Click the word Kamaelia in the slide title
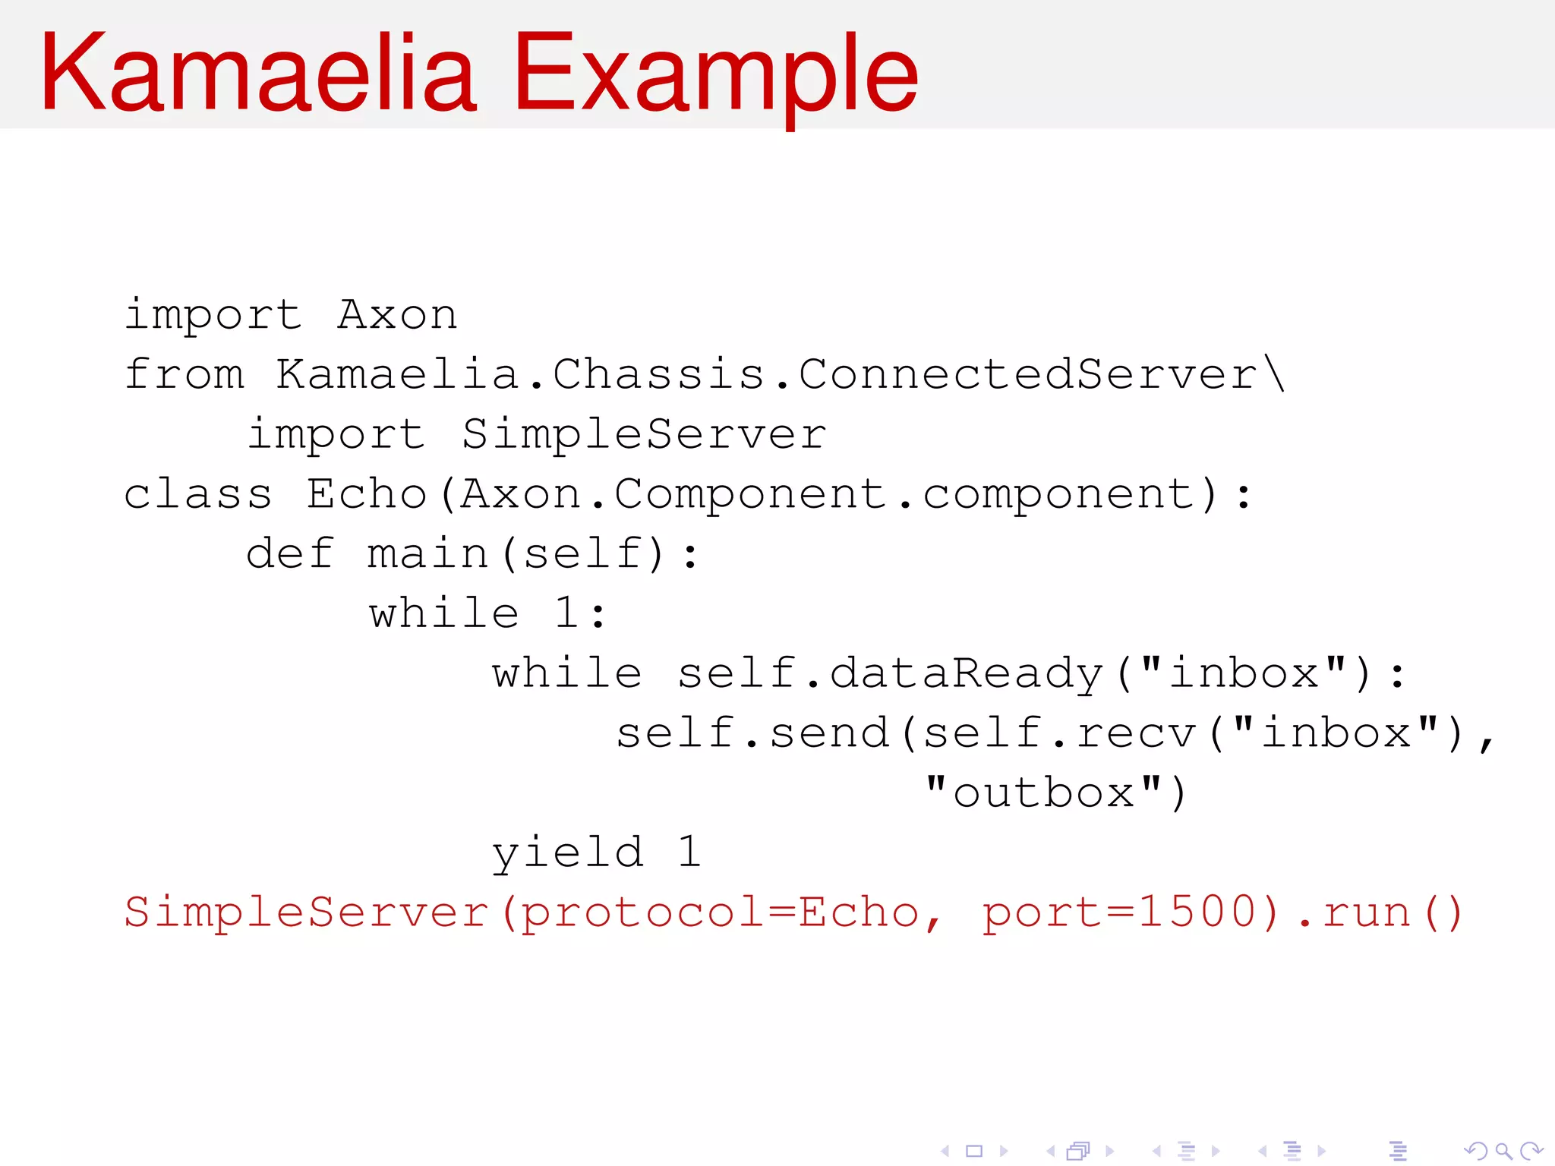tap(258, 74)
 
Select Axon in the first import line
tap(397, 314)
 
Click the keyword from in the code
tap(185, 373)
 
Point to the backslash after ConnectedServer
tap(1275, 373)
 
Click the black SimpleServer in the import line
tap(644, 433)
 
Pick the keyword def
tap(289, 553)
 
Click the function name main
tap(428, 553)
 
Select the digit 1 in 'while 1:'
tap(566, 613)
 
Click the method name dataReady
tap(966, 673)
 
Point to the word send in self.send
tap(829, 733)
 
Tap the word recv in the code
tap(1136, 733)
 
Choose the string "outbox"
tap(1044, 793)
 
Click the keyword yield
tap(567, 852)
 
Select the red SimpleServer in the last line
tap(306, 912)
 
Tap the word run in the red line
tap(1366, 912)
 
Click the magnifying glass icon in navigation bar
tap(1503, 1151)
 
